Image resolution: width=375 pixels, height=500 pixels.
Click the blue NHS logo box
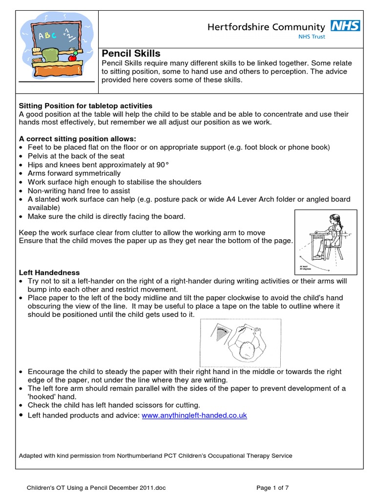click(x=346, y=25)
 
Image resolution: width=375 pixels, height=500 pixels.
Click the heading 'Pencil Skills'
click(x=131, y=54)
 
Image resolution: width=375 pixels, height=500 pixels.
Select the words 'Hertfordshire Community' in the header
click(x=266, y=27)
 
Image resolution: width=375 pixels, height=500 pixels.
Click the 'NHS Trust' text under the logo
click(x=312, y=36)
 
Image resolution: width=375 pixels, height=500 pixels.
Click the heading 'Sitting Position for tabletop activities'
click(x=85, y=105)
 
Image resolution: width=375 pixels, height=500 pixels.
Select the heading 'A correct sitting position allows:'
click(x=77, y=139)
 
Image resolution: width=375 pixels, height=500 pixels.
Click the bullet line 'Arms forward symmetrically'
click(x=74, y=173)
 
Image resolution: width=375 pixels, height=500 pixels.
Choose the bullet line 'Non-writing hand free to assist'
click(x=80, y=190)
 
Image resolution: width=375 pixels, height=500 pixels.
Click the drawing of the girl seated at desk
click(x=325, y=241)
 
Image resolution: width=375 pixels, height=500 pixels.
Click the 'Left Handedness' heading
click(x=49, y=272)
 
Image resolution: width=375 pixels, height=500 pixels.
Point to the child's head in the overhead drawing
click(x=249, y=350)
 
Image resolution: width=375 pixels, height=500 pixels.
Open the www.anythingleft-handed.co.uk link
click(x=194, y=416)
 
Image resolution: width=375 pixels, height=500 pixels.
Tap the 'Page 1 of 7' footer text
click(x=275, y=487)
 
